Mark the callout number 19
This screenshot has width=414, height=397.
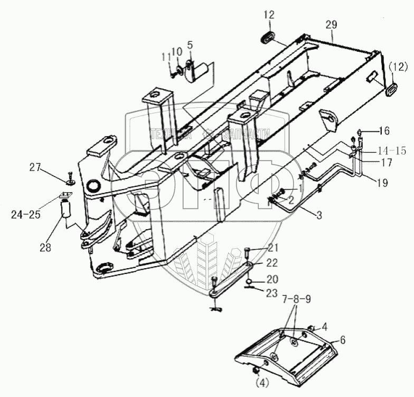pyautogui.click(x=382, y=184)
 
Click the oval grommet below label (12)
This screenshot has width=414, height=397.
pyautogui.click(x=391, y=88)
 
